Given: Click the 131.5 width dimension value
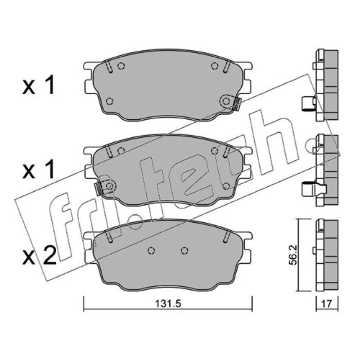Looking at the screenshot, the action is tap(168, 304).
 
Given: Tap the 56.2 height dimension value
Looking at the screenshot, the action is tap(294, 255).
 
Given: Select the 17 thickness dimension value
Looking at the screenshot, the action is tap(327, 304).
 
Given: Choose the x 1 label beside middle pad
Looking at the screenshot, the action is tap(38, 170).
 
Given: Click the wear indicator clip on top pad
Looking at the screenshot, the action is tap(237, 104).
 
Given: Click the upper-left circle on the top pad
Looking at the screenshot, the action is tap(121, 66).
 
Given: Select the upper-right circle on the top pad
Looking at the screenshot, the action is tap(215, 66).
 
